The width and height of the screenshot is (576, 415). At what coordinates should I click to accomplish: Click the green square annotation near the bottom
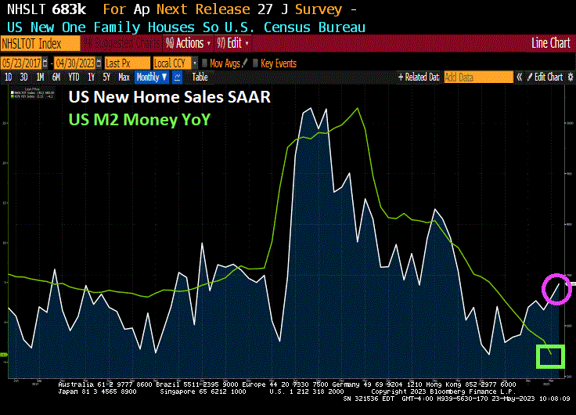[550, 355]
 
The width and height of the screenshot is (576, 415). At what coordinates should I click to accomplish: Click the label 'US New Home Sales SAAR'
[169, 98]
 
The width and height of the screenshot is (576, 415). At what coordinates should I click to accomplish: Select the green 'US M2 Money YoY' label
[139, 119]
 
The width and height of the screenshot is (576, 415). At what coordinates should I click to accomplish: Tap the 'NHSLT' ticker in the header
[24, 10]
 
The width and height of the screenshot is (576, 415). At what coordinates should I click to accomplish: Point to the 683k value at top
[70, 10]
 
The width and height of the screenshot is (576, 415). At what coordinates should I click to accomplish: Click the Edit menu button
[229, 43]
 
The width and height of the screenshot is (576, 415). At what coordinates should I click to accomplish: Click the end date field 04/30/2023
[76, 63]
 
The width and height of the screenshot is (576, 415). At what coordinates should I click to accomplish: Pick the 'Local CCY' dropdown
[174, 63]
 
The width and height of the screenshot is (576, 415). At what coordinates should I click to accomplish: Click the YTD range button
[74, 77]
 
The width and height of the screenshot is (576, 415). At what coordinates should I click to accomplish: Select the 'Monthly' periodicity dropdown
[150, 77]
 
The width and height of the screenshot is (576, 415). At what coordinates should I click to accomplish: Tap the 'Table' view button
[200, 77]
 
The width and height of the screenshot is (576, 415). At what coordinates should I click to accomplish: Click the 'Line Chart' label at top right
[550, 43]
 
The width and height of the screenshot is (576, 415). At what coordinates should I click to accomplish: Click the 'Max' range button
[124, 77]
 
